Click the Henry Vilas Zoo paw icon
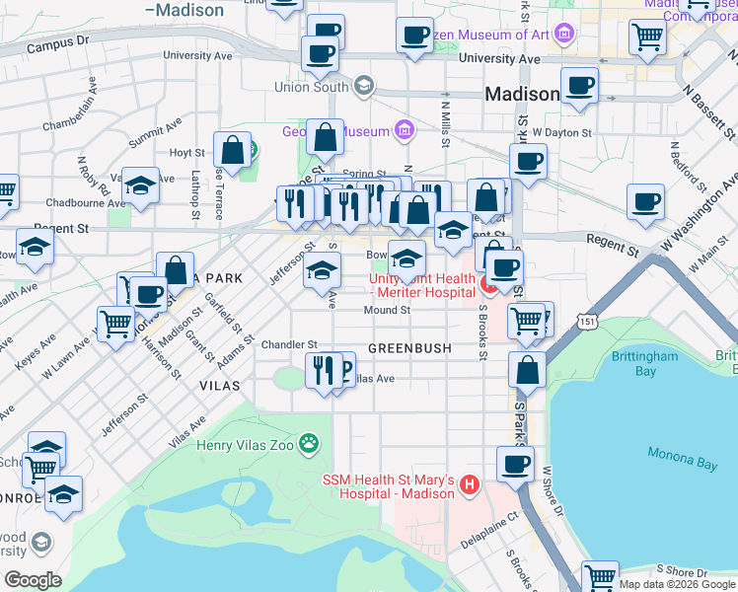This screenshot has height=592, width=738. pyautogui.click(x=311, y=444)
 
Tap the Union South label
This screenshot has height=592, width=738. pyautogui.click(x=311, y=87)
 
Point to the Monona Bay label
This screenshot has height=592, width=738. pyautogui.click(x=680, y=455)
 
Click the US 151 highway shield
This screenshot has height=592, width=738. pyautogui.click(x=588, y=322)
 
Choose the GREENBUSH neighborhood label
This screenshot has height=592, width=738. pyautogui.click(x=409, y=348)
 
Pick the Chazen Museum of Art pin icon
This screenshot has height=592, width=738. pyautogui.click(x=563, y=36)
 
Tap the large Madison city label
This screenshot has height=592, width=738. pyautogui.click(x=523, y=95)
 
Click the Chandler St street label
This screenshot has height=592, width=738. pyautogui.click(x=288, y=344)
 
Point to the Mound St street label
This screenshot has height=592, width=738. pyautogui.click(x=387, y=310)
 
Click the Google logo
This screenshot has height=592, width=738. pyautogui.click(x=33, y=579)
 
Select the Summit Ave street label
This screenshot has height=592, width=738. pyautogui.click(x=155, y=134)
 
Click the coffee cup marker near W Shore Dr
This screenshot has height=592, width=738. pyautogui.click(x=514, y=464)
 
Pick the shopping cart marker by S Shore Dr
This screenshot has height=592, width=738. pyautogui.click(x=599, y=577)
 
